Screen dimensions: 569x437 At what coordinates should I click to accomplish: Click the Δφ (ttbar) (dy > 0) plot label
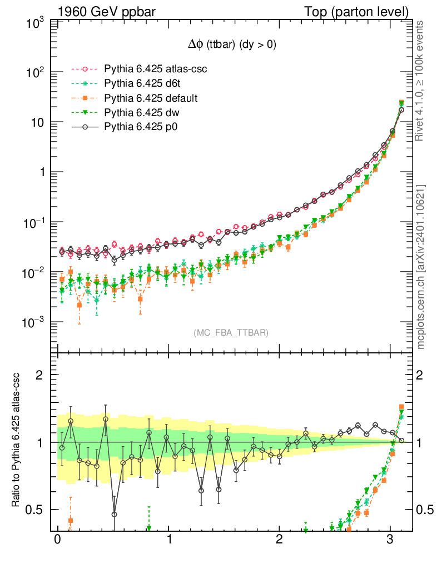pyautogui.click(x=231, y=46)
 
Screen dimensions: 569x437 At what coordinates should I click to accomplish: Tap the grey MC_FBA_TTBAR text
pyautogui.click(x=231, y=332)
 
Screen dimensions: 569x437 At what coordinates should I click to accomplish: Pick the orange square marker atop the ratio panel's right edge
pyautogui.click(x=401, y=407)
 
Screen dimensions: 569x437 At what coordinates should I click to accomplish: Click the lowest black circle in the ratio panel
pyautogui.click(x=114, y=514)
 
